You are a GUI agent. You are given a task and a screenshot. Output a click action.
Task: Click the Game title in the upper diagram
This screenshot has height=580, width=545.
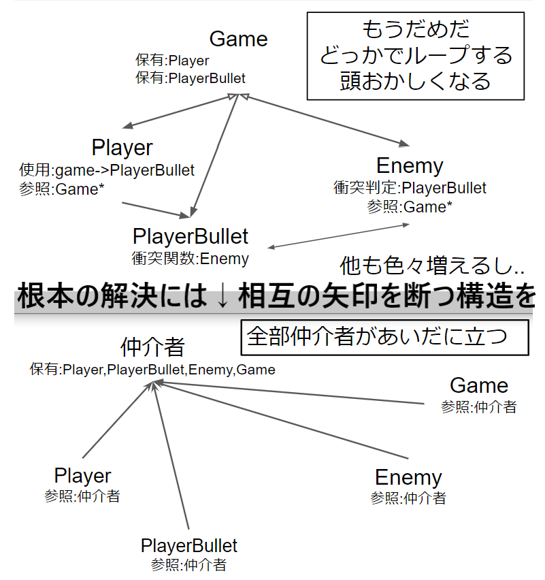239,39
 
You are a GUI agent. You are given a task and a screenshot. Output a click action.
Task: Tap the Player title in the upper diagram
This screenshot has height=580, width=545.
122,148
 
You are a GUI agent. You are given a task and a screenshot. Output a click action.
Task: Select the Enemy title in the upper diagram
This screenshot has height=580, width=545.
410,165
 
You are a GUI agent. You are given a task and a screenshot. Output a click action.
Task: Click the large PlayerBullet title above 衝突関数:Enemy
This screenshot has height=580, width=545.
191,236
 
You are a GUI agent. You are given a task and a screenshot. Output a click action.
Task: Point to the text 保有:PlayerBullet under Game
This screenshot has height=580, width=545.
191,78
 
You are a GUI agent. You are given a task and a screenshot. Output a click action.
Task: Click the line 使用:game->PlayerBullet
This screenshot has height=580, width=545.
107,170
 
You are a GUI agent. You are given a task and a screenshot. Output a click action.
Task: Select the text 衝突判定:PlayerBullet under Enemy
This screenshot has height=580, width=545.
410,188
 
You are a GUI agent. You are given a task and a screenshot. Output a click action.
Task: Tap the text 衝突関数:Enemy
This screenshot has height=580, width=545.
190,259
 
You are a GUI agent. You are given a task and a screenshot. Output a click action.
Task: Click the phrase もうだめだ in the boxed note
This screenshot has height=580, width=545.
416,29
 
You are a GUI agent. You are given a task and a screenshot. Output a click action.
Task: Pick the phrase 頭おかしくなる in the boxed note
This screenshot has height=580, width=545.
416,81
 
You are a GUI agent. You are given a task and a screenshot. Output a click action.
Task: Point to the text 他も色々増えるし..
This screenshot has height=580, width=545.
432,265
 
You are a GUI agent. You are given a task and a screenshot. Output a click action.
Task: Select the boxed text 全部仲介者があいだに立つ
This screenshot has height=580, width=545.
377,336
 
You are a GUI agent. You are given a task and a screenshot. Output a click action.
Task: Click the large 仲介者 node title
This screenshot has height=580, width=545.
152,347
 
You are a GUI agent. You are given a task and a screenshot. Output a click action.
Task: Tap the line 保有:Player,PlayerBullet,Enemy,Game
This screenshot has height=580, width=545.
152,370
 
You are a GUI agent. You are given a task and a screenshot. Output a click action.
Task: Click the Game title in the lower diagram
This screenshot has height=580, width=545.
479,385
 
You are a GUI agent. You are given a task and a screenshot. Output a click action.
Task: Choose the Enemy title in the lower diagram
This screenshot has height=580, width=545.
408,477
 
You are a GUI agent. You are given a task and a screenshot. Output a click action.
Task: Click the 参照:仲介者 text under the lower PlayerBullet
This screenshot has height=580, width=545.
188,565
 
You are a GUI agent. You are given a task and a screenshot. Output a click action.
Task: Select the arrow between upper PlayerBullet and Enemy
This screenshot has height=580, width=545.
338,236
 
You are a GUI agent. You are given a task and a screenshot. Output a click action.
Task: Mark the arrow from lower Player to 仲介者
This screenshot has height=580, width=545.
117,420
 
